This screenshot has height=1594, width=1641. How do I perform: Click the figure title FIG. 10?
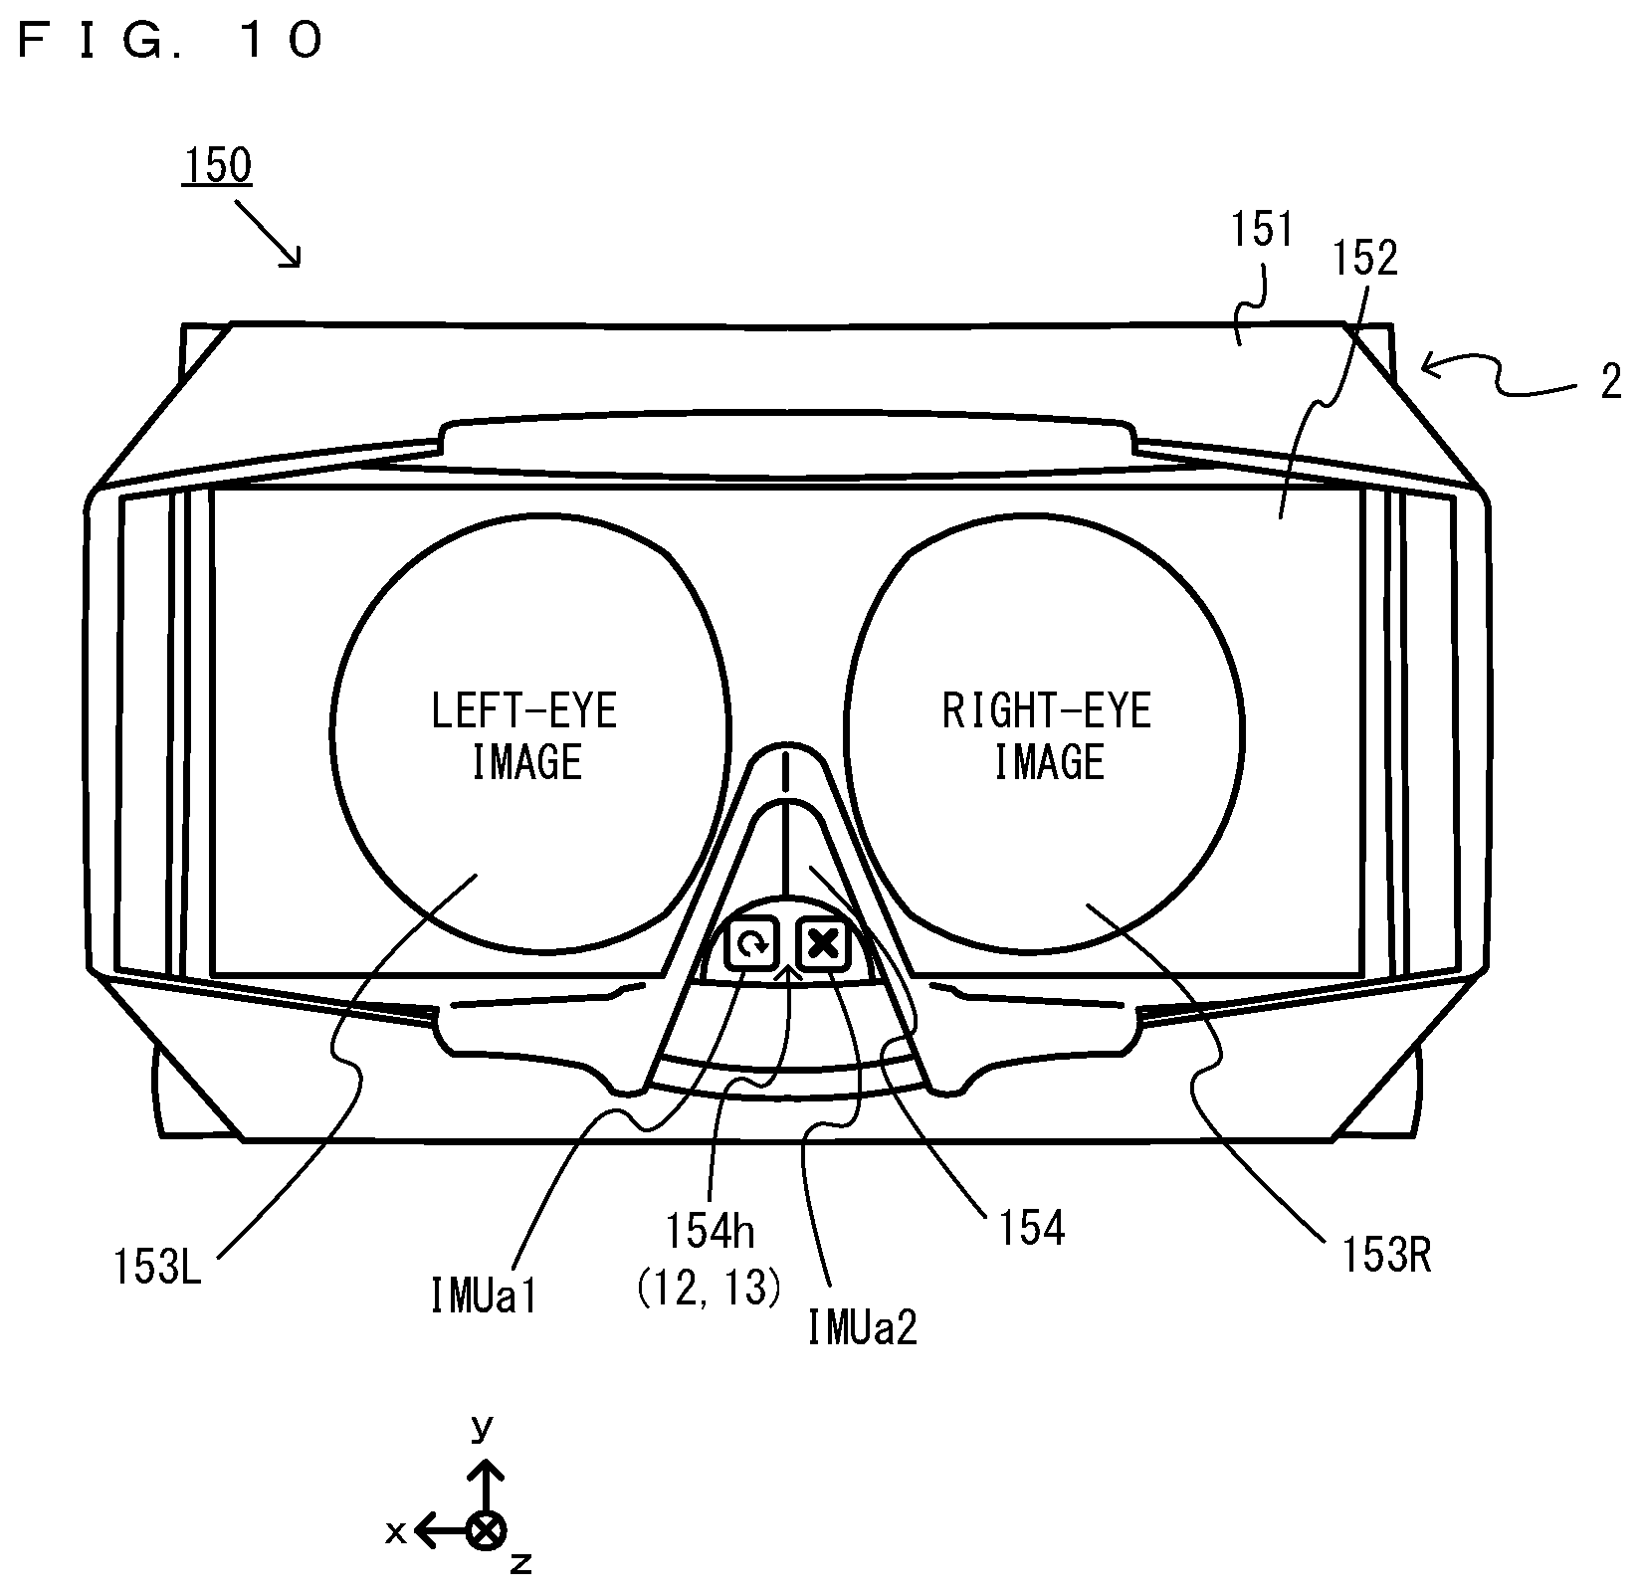pyautogui.click(x=170, y=41)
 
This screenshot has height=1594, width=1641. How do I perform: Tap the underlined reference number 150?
pyautogui.click(x=216, y=165)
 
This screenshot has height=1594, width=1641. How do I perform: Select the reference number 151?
pyautogui.click(x=1261, y=231)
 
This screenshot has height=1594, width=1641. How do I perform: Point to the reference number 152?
pyautogui.click(x=1365, y=259)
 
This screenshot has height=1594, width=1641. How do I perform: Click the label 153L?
pyautogui.click(x=157, y=1270)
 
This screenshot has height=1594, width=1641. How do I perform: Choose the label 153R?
pyautogui.click(x=1385, y=1257)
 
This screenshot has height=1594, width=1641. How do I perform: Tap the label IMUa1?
pyautogui.click(x=484, y=1296)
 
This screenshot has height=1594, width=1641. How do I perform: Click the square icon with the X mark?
pyautogui.click(x=823, y=942)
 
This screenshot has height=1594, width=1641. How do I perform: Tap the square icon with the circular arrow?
pyautogui.click(x=753, y=943)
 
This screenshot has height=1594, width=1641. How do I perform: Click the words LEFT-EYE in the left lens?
pyautogui.click(x=524, y=711)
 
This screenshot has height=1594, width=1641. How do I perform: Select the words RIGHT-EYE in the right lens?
pyautogui.click(x=1046, y=711)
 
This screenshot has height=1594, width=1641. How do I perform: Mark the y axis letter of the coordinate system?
pyautogui.click(x=482, y=1428)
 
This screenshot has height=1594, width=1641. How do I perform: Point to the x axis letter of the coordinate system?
pyautogui.click(x=395, y=1531)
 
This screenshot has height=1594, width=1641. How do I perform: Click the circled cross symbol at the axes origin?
pyautogui.click(x=486, y=1531)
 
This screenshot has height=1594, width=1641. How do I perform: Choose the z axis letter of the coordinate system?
pyautogui.click(x=520, y=1564)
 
